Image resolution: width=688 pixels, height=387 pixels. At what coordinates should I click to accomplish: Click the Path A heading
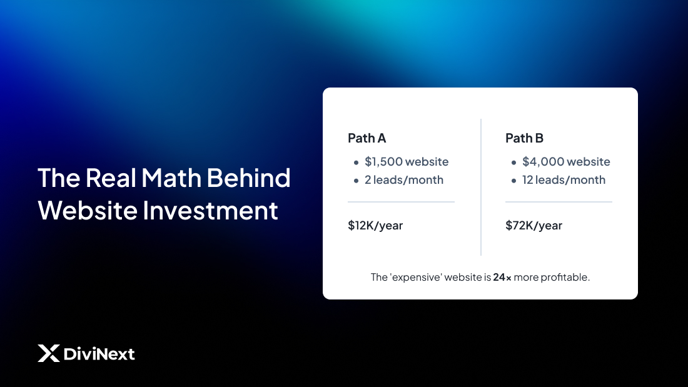[x=367, y=138]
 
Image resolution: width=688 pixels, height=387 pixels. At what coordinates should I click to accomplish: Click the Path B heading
[x=524, y=138]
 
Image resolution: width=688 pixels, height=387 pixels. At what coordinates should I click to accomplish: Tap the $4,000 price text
[x=542, y=162]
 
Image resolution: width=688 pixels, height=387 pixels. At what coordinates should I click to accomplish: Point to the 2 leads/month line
[x=404, y=180]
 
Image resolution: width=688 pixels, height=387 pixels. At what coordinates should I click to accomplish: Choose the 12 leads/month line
[x=564, y=180]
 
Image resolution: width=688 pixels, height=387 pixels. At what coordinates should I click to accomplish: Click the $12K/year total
[x=375, y=226]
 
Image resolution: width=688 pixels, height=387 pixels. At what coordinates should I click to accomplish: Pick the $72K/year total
[x=534, y=226]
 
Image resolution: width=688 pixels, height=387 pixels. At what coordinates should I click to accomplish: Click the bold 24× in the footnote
[x=502, y=277]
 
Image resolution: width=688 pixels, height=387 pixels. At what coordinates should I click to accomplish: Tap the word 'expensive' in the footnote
[x=417, y=277]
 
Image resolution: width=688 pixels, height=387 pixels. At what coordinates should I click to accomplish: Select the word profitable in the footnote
[x=565, y=277]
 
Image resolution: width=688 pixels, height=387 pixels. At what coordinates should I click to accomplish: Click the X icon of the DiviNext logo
[x=48, y=354]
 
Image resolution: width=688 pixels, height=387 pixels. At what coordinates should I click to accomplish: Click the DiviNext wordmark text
[x=99, y=354]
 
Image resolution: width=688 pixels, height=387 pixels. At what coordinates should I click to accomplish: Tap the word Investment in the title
[x=210, y=210]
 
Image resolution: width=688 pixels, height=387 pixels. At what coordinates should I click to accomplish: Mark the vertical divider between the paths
[x=480, y=188]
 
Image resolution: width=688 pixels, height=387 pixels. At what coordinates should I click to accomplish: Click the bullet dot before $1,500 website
[x=356, y=163]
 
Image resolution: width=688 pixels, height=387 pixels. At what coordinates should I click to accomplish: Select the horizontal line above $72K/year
[x=559, y=202]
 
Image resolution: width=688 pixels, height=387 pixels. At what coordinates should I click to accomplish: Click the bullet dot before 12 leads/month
[x=513, y=181]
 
